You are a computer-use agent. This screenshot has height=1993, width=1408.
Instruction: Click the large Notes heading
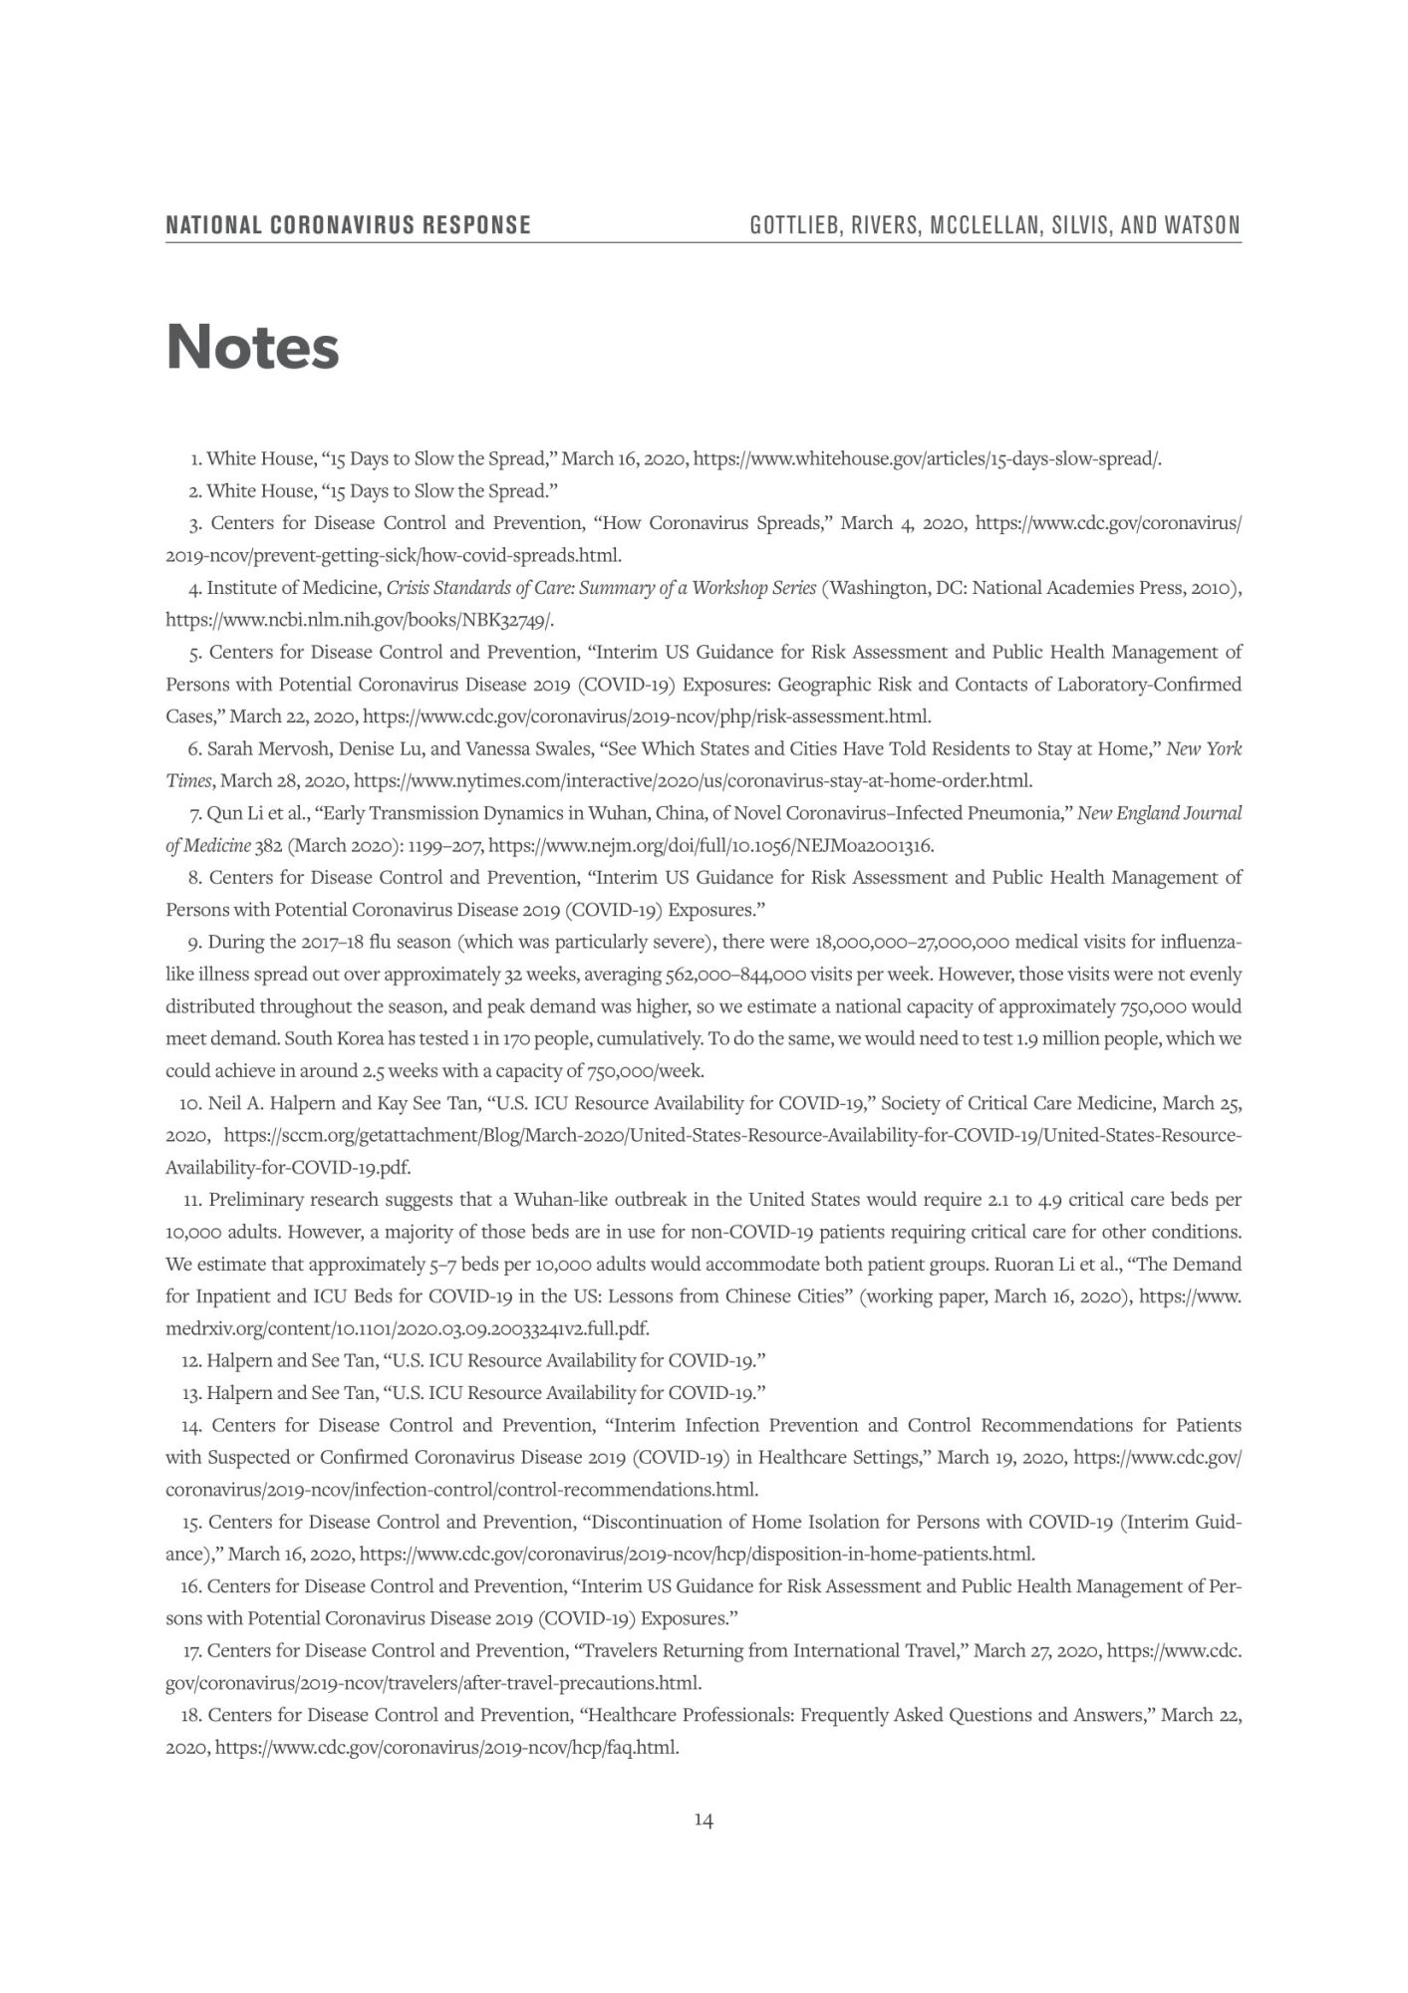coord(252,347)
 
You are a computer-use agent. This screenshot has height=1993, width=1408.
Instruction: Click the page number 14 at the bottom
coord(704,1821)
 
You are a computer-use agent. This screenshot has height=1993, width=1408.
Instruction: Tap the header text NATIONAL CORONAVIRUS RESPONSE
coord(348,225)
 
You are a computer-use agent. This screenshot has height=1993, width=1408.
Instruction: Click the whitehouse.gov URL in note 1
coord(927,459)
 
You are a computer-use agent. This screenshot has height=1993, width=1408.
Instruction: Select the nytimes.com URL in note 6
coord(693,780)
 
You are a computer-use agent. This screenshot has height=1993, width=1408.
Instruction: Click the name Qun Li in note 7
coord(232,813)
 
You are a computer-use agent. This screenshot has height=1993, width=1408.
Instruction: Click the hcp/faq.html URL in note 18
coord(446,1747)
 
